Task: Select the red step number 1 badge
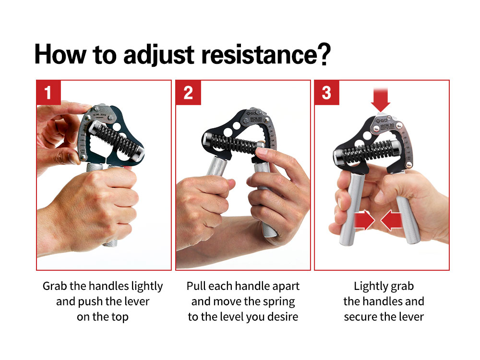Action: click(48, 92)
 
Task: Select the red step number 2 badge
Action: click(188, 92)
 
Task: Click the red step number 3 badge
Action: click(327, 92)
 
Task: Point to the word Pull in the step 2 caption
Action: click(197, 286)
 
